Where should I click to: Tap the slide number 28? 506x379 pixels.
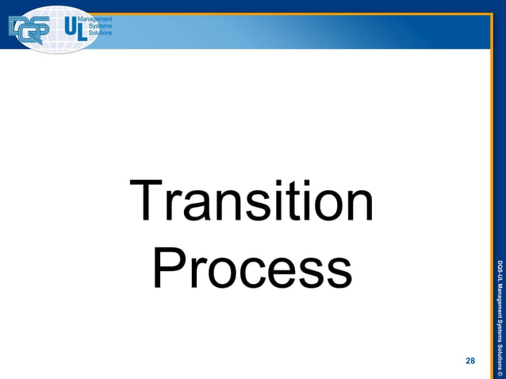[x=470, y=362]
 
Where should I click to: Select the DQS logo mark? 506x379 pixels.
[x=29, y=29]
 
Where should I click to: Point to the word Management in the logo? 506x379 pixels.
[x=97, y=18]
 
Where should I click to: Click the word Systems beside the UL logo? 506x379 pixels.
[x=98, y=25]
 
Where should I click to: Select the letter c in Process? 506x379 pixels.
[x=241, y=272]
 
